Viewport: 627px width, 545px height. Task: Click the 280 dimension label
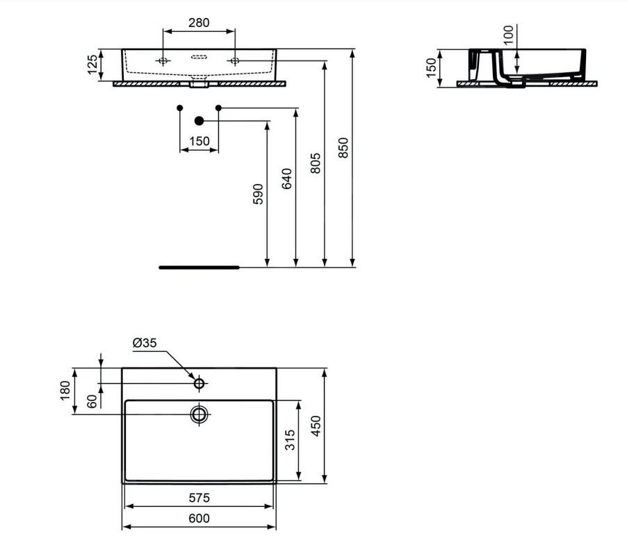point(199,23)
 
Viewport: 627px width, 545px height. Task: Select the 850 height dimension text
point(343,148)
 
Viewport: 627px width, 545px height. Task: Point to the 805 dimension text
point(315,163)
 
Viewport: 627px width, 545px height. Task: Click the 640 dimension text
point(287,179)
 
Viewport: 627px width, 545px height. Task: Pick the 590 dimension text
point(258,194)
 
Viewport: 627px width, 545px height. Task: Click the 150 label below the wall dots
point(199,142)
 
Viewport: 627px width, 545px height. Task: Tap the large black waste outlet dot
point(199,121)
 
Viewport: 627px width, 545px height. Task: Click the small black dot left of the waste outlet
point(180,108)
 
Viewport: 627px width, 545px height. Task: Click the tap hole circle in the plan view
point(199,383)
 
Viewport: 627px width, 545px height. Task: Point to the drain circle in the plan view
point(199,414)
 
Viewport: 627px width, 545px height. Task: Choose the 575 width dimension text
point(199,498)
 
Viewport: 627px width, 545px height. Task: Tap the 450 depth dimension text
point(315,426)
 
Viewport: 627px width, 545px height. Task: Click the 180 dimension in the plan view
point(65,391)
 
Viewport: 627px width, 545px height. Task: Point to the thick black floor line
point(199,267)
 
